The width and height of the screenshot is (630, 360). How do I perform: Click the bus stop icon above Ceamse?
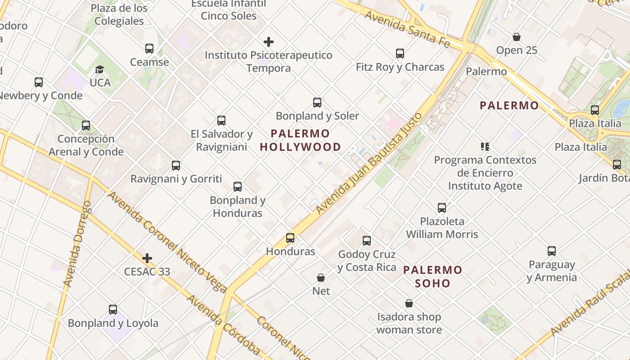[149, 49]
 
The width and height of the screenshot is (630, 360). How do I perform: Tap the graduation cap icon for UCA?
[99, 69]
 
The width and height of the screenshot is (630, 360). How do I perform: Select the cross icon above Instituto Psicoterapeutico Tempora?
[269, 42]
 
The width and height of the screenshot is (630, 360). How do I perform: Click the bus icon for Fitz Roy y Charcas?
[400, 54]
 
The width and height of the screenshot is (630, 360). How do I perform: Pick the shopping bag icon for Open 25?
[517, 37]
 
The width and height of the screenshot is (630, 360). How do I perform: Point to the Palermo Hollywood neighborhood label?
[301, 140]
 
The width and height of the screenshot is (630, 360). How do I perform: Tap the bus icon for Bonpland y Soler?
[317, 103]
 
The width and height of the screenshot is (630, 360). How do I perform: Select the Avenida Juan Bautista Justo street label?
[369, 163]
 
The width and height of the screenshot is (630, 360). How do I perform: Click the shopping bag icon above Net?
[321, 278]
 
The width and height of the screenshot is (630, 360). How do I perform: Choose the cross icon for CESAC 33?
[147, 258]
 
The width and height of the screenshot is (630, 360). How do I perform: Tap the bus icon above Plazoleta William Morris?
[442, 208]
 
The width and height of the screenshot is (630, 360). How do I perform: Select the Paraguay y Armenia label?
[552, 271]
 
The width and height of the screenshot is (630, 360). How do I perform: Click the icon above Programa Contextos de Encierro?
[485, 146]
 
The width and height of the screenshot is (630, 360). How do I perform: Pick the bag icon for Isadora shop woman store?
[409, 304]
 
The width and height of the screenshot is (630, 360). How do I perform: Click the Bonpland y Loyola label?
[113, 323]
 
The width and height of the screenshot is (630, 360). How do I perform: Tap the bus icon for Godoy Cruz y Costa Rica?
[367, 241]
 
